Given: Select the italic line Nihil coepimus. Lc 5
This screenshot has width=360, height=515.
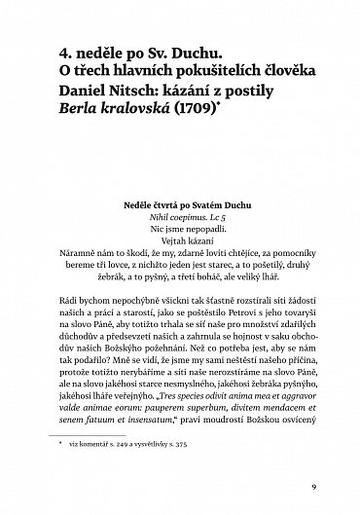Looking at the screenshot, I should point(180,219).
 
